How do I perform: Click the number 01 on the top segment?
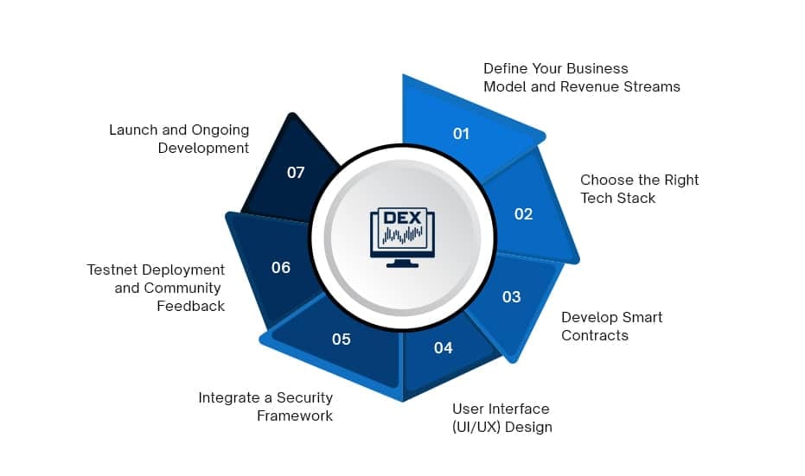click(x=461, y=133)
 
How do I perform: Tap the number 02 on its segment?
click(x=523, y=213)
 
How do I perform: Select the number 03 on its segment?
click(x=512, y=296)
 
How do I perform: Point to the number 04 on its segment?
click(x=444, y=347)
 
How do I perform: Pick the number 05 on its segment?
click(x=342, y=339)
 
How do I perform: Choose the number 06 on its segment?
click(x=281, y=268)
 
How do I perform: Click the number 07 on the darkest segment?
click(x=296, y=172)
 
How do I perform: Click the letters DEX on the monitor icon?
click(x=402, y=217)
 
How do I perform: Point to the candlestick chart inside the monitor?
click(x=403, y=235)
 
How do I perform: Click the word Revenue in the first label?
click(x=592, y=86)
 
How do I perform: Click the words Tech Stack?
click(x=617, y=198)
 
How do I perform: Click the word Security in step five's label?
click(x=300, y=397)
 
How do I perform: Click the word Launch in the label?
click(x=134, y=130)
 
